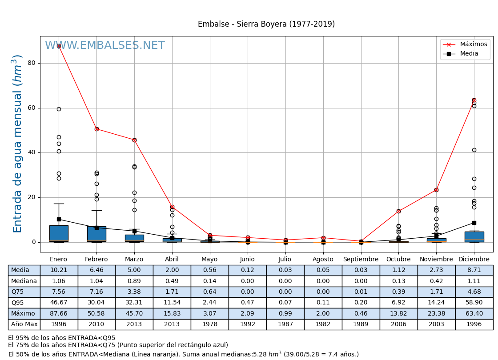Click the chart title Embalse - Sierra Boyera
pyautogui.click(x=266, y=24)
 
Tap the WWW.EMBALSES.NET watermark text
pyautogui.click(x=105, y=46)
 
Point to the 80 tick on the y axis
pyautogui.click(x=31, y=63)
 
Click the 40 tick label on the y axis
pyautogui.click(x=31, y=152)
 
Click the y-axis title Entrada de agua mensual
pyautogui.click(x=17, y=144)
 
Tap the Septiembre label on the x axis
pyautogui.click(x=361, y=260)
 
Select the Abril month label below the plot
pyautogui.click(x=172, y=260)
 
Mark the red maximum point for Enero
pyautogui.click(x=59, y=46)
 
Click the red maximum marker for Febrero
pyautogui.click(x=96, y=129)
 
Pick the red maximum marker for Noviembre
pyautogui.click(x=436, y=190)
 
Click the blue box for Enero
pyautogui.click(x=59, y=233)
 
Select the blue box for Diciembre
pyautogui.click(x=474, y=236)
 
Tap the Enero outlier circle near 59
pyautogui.click(x=59, y=109)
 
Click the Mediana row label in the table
pyautogui.click(x=24, y=281)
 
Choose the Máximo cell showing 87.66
pyautogui.click(x=59, y=314)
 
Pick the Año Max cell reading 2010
pyautogui.click(x=96, y=324)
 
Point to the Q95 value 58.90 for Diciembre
pyautogui.click(x=474, y=303)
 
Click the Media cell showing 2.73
pyautogui.click(x=436, y=270)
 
